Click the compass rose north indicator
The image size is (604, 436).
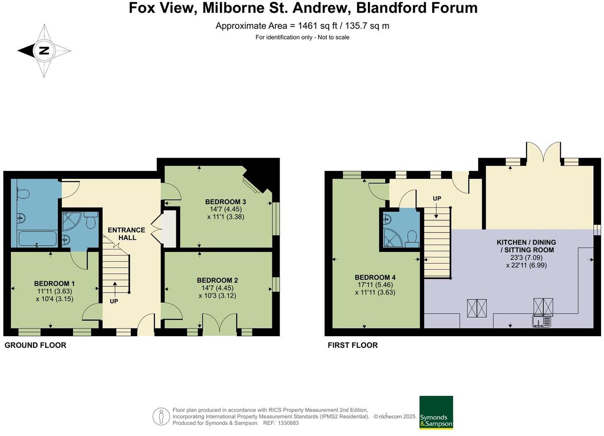coord(44,51)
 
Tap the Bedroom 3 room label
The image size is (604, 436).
coord(225,202)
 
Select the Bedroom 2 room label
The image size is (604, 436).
coord(217,281)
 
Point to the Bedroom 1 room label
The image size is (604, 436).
coord(54,283)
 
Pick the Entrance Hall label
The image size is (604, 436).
coord(127,234)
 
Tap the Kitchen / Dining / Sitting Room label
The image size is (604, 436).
coord(526,246)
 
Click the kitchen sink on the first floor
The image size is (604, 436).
coord(542,320)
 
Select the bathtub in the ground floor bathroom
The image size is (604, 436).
coord(37,239)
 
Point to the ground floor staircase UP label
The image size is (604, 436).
coord(114,301)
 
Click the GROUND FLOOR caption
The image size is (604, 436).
coord(35,345)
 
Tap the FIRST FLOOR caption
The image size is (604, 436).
coord(353,345)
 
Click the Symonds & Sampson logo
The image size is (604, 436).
coord(436,412)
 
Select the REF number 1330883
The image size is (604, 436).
coord(288,423)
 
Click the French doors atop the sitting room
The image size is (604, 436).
coord(543,154)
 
